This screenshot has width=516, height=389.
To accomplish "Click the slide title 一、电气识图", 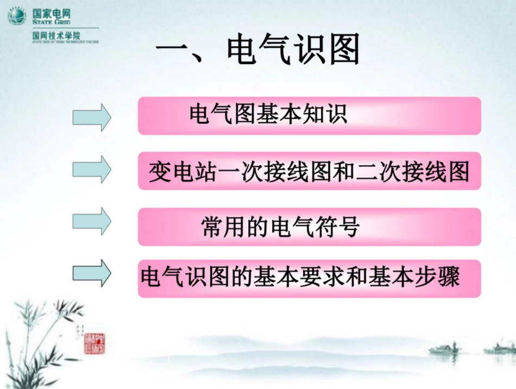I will (258, 52).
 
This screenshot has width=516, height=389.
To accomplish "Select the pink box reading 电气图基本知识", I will (309, 115).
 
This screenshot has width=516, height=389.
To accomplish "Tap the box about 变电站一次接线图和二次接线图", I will (309, 171).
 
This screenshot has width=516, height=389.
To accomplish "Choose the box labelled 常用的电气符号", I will (309, 227).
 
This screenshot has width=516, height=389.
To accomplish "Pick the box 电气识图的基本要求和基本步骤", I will (309, 278).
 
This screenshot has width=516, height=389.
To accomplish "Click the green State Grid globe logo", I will (17, 16).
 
